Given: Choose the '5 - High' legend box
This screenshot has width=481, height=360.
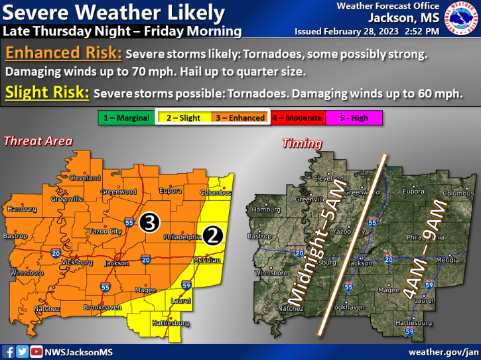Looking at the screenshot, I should pyautogui.click(x=354, y=118).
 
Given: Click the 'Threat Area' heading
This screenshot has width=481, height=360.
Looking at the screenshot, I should pyautogui.click(x=38, y=141).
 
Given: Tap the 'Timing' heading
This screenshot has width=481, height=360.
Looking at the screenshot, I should pyautogui.click(x=303, y=143).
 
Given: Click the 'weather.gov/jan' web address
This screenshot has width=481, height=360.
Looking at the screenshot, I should pyautogui.click(x=443, y=351).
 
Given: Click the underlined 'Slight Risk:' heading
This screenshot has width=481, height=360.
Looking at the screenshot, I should pyautogui.click(x=47, y=93).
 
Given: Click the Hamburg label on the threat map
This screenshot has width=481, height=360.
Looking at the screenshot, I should pyautogui.click(x=21, y=209).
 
